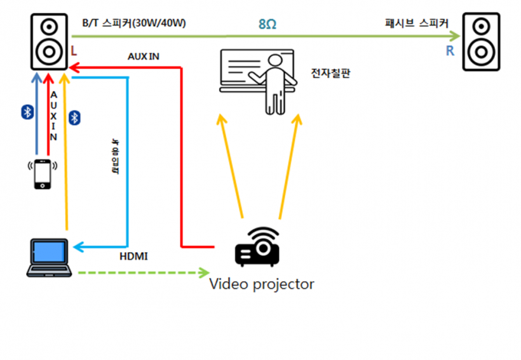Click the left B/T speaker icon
tap(50, 41)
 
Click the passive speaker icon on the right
tap(481, 41)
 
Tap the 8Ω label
tap(267, 25)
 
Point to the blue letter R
tap(450, 51)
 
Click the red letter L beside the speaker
tap(75, 50)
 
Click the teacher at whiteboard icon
tap(257, 79)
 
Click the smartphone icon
tap(43, 173)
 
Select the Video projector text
tap(262, 284)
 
